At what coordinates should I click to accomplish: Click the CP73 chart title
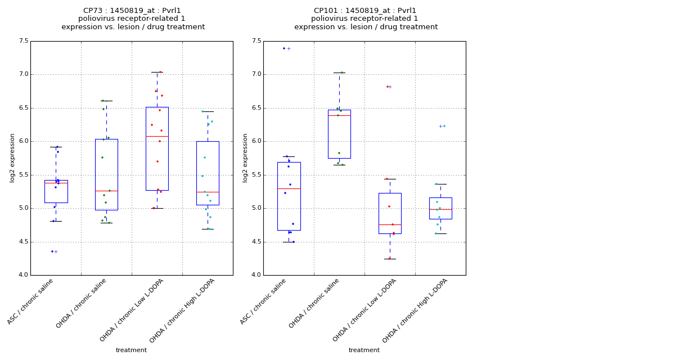coord(133,19)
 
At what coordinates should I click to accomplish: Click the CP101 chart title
coord(366,19)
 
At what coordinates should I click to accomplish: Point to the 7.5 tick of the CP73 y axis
coord(23,41)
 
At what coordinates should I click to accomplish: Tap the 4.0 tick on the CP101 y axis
coord(256,275)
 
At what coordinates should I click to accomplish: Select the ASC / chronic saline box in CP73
coord(56,191)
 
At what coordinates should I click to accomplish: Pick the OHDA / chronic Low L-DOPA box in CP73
coord(157,148)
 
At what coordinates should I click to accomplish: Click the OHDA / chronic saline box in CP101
coord(339,134)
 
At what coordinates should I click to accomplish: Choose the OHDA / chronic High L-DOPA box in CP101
coord(440,208)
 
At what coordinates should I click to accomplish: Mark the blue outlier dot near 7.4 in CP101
coord(284,48)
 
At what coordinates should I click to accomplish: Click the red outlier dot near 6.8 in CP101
coord(387,87)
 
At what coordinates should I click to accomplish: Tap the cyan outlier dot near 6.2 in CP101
coord(444,126)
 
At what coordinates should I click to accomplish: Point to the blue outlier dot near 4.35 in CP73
coord(52,251)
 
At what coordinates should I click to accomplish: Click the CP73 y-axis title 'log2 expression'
coord(12,157)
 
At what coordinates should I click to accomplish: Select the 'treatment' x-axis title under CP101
coord(364,350)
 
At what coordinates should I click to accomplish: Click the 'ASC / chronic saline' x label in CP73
coord(31,302)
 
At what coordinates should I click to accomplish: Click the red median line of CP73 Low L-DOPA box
coord(157,136)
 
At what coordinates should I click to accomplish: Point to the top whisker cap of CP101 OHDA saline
coord(339,73)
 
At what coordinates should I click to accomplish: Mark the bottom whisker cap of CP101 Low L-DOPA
coord(390,259)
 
